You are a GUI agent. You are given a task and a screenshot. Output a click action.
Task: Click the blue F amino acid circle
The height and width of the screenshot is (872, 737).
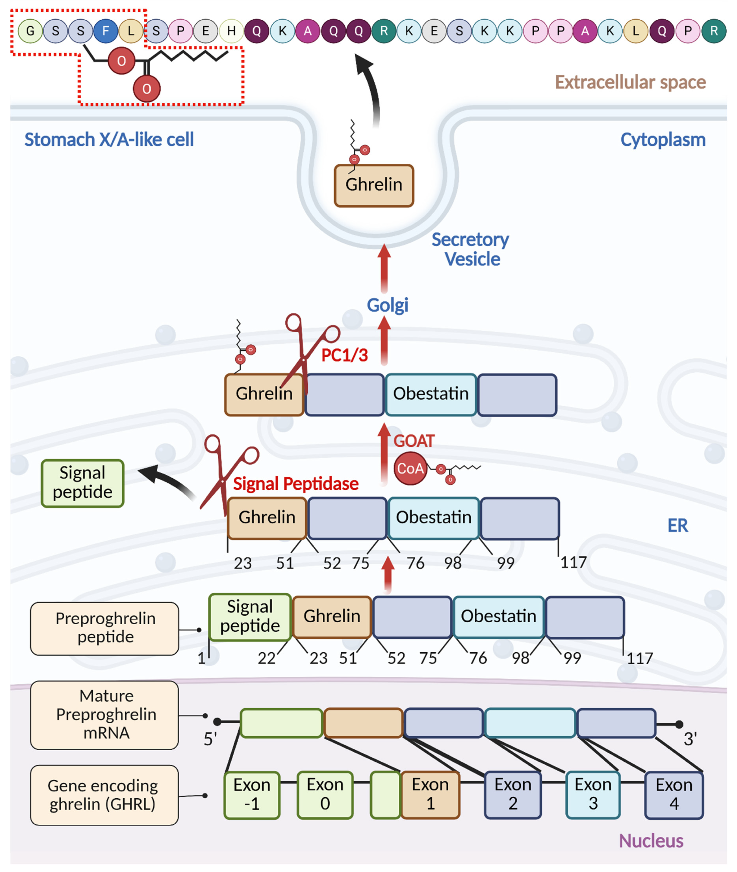tap(105, 31)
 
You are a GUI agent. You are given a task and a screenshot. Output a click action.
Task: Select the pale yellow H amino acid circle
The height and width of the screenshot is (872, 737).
tap(231, 31)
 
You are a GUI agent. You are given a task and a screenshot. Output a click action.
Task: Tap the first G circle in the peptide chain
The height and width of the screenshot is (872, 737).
tap(30, 31)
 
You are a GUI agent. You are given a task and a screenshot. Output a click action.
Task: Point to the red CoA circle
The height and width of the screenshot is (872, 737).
tap(410, 468)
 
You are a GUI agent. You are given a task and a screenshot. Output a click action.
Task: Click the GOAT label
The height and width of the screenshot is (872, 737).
tap(414, 441)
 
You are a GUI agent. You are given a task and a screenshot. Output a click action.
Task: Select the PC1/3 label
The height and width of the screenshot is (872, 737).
tap(344, 355)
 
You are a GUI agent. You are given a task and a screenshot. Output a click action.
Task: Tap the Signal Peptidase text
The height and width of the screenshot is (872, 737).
tap(295, 484)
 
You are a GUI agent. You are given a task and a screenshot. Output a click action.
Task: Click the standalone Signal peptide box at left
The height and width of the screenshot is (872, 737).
tap(82, 483)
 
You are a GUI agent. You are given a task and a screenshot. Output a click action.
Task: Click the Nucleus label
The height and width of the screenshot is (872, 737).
tap(651, 841)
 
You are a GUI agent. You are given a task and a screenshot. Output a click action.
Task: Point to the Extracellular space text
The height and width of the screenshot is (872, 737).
tap(630, 82)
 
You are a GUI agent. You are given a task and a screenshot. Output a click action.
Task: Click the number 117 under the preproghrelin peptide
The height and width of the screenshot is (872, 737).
tap(639, 658)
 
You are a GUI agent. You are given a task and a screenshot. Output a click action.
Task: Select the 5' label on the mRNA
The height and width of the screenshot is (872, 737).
tap(210, 739)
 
